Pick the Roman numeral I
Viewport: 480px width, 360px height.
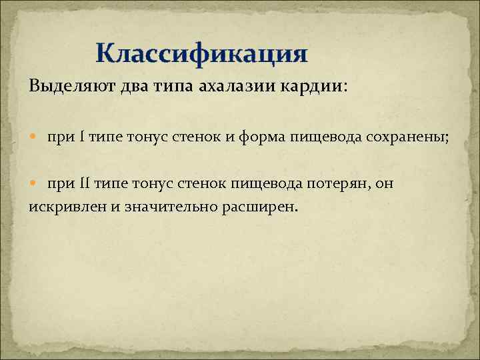point(81,137)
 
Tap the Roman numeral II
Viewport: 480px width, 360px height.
point(84,183)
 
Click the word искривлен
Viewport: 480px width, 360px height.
point(67,206)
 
